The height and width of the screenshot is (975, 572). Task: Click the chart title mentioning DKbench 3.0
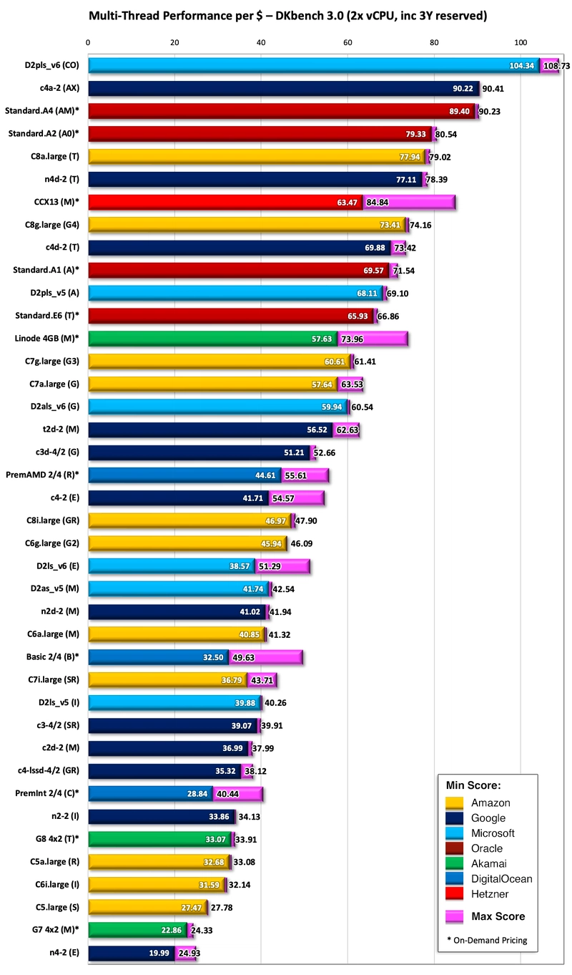(286, 15)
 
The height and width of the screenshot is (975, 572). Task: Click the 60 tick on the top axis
(347, 43)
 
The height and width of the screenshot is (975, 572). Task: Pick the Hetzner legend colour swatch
(455, 894)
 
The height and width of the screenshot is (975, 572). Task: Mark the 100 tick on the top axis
(521, 43)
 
